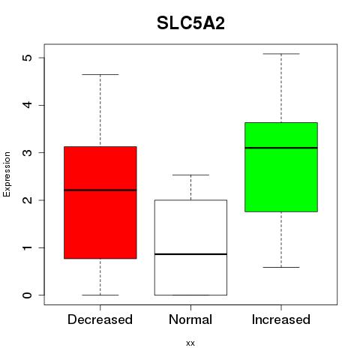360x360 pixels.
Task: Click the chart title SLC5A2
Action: click(x=190, y=23)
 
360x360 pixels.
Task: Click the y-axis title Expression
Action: click(x=7, y=175)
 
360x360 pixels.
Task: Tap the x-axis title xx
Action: click(x=190, y=343)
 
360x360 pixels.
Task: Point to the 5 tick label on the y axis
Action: click(x=27, y=58)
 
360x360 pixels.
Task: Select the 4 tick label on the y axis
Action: click(x=27, y=105)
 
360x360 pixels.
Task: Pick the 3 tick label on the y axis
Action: click(x=27, y=152)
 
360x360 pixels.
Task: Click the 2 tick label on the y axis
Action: click(x=27, y=200)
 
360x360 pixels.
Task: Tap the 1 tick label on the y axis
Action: click(x=27, y=247)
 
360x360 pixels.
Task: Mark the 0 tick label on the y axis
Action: click(x=27, y=295)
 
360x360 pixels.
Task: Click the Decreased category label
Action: click(x=100, y=319)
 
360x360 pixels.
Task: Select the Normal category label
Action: click(x=190, y=319)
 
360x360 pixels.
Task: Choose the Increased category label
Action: click(x=281, y=319)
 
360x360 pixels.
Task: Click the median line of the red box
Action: click(x=100, y=190)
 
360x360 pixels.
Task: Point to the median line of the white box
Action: click(x=190, y=254)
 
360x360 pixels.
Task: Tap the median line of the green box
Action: click(x=281, y=148)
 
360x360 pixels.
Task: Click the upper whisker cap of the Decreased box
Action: click(x=100, y=74)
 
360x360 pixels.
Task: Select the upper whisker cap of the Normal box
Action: click(x=190, y=175)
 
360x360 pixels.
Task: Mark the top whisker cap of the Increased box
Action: click(x=281, y=54)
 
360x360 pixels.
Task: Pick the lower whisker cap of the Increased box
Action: click(x=281, y=267)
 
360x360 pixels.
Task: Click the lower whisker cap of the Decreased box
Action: click(x=100, y=295)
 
